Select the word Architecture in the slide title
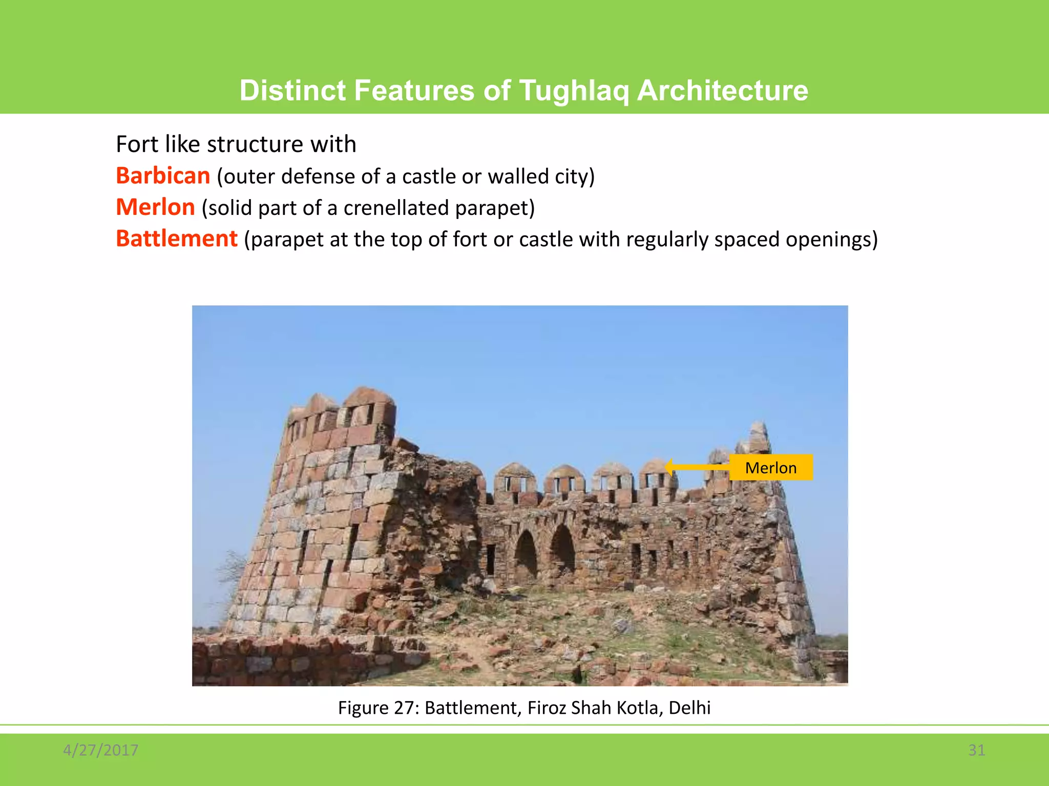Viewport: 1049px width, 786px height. [722, 91]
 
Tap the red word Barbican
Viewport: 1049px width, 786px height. [163, 176]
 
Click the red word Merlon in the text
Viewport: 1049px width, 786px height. [155, 208]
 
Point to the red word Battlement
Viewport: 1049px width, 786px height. [177, 239]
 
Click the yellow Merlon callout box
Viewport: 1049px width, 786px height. [770, 468]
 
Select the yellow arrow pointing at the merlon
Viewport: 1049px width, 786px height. [697, 467]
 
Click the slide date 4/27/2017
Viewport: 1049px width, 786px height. [100, 750]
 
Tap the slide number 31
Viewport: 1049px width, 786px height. [976, 750]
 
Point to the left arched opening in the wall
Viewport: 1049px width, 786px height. [526, 554]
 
